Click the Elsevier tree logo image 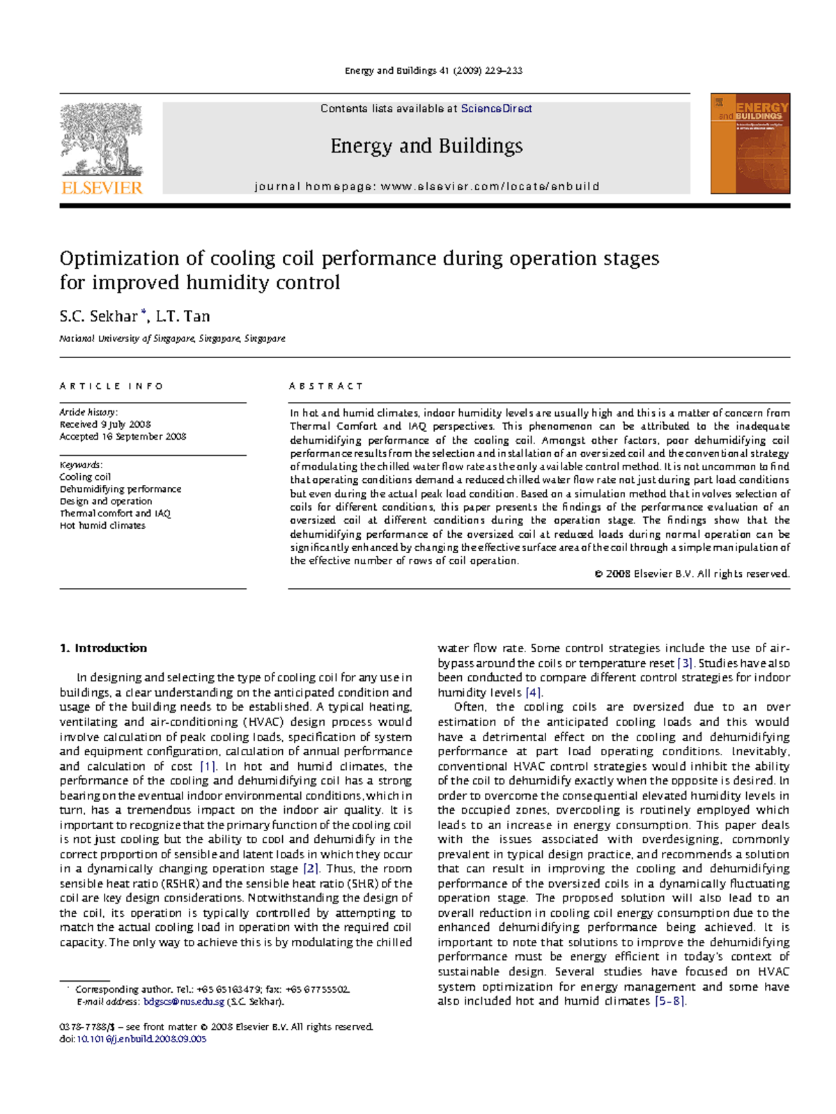click(102, 139)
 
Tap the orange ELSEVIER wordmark click(102, 187)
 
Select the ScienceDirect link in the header click(496, 109)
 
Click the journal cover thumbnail click(750, 144)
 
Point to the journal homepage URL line click(426, 187)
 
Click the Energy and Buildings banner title click(426, 146)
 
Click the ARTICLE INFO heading click(111, 386)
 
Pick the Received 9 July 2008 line click(105, 424)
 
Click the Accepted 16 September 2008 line click(123, 437)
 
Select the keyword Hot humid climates click(102, 526)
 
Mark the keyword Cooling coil click(85, 477)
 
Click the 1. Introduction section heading click(103, 648)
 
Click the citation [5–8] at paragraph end click(670, 1001)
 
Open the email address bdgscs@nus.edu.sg click(184, 1002)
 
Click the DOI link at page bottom click(141, 1039)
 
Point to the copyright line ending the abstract click(691, 574)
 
